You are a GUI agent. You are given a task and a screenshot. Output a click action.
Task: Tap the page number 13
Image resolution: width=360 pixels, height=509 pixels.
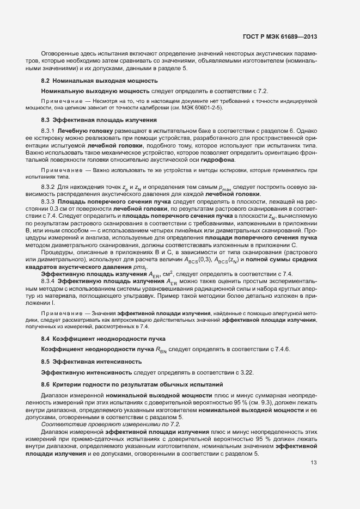point(313,463)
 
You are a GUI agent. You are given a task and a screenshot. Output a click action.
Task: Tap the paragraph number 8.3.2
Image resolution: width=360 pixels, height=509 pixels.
point(48,187)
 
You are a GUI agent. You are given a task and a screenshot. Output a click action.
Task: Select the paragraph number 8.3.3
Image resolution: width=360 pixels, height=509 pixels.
point(48,201)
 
